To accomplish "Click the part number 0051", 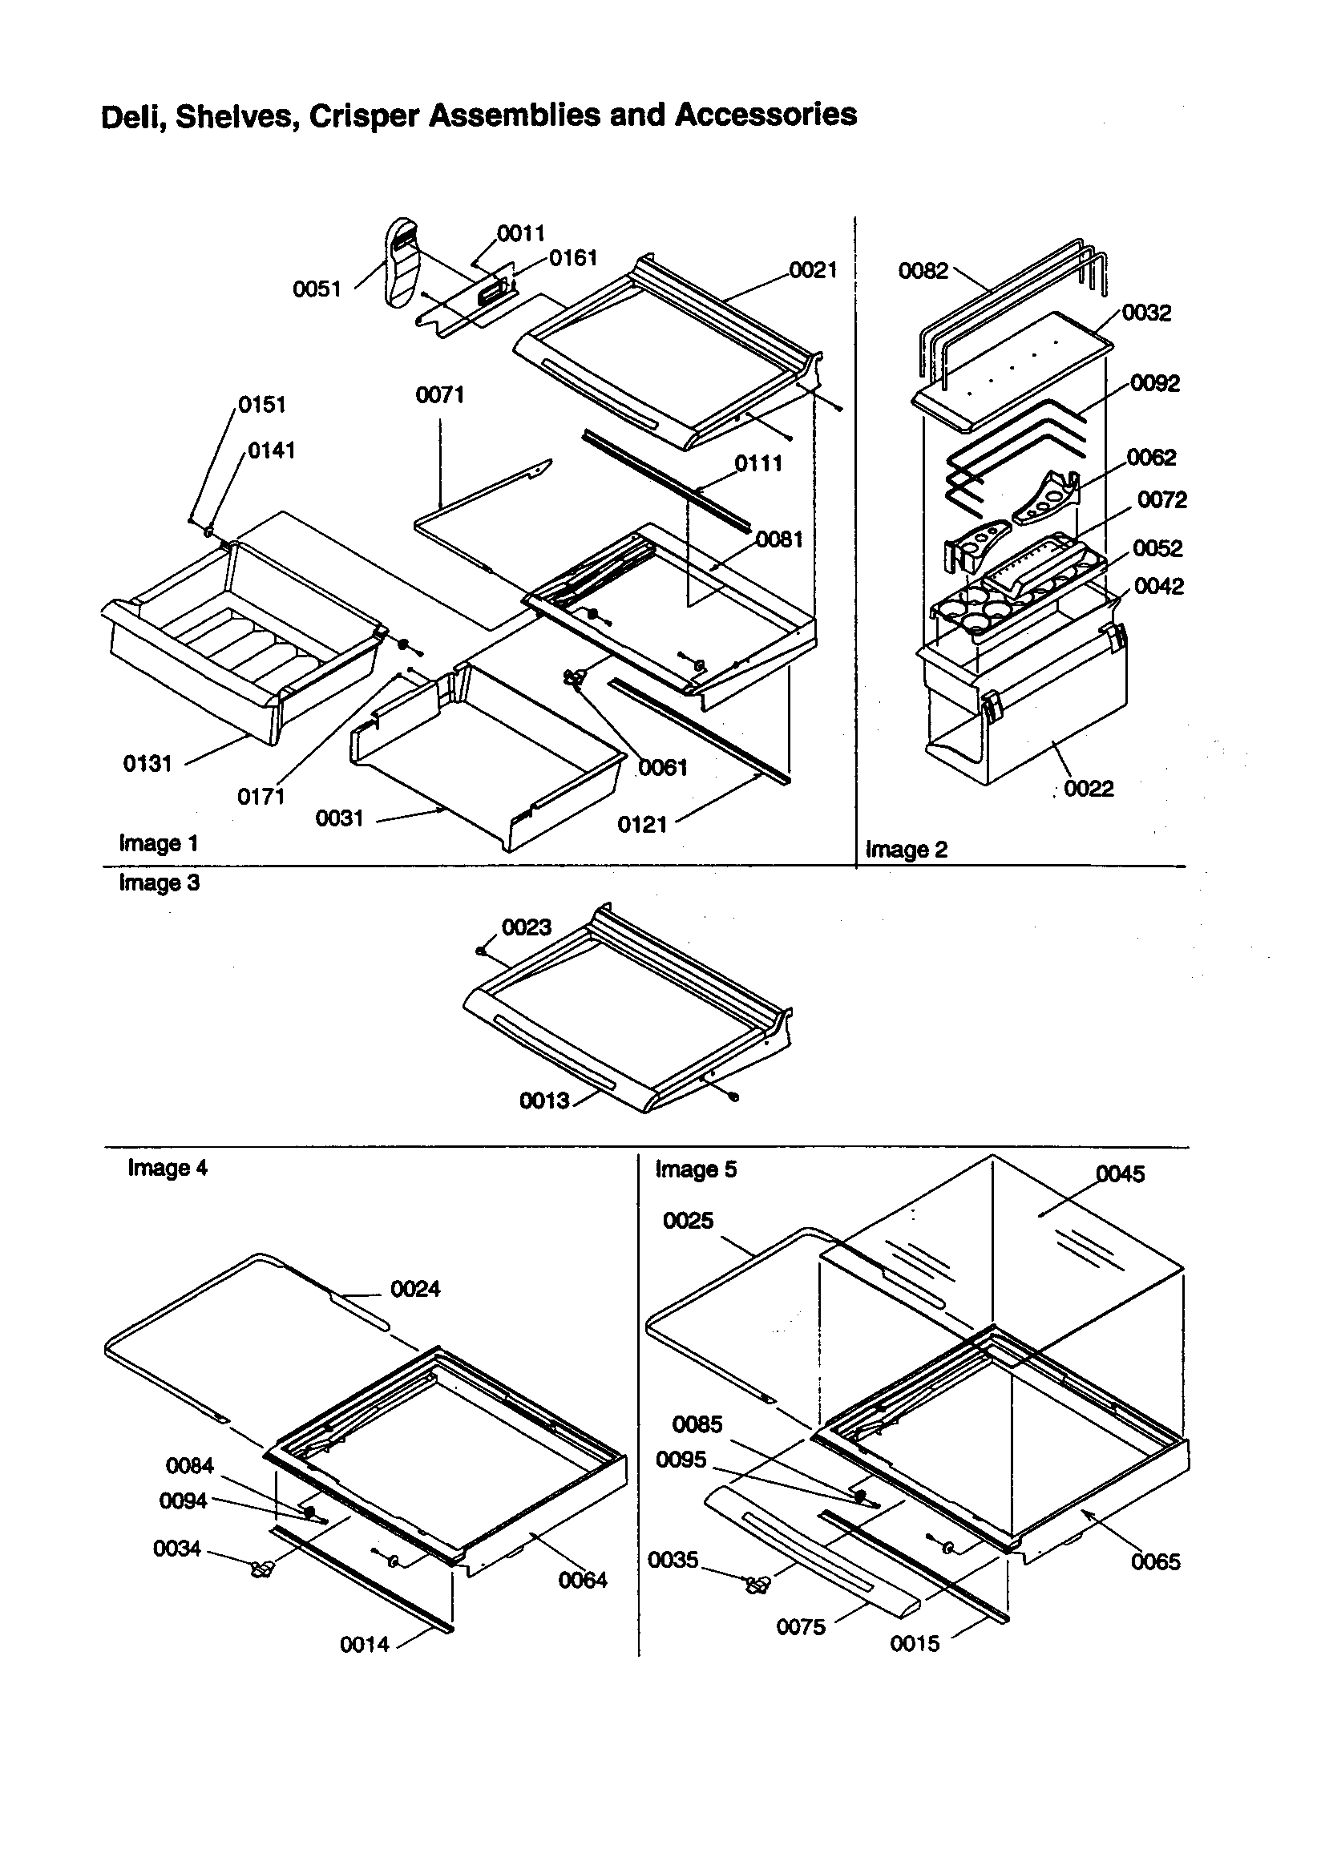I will click(316, 289).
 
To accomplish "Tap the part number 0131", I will click(147, 763).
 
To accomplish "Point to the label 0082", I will click(923, 271).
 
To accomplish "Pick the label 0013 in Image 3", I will click(543, 1101).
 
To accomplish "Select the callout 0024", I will click(414, 1289).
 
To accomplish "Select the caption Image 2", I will click(907, 850).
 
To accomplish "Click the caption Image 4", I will click(168, 1168).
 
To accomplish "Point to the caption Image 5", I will click(696, 1169).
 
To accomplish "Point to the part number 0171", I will click(261, 797).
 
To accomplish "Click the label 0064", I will click(582, 1580).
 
